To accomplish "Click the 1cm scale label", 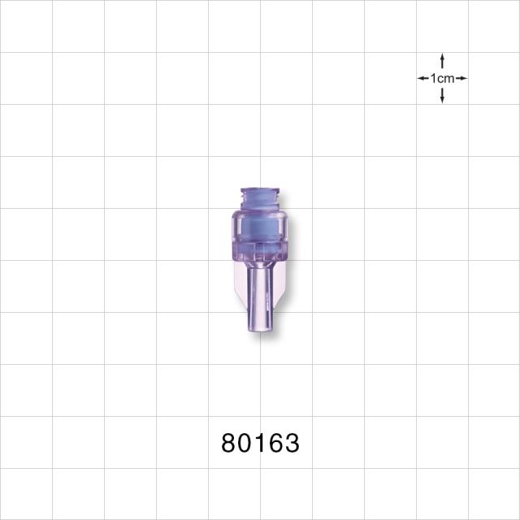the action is [442, 79].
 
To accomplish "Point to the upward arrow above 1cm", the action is [442, 61].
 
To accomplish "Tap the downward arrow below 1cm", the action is [442, 96].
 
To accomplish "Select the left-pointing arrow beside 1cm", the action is [423, 79].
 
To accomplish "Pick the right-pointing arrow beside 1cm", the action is [461, 79].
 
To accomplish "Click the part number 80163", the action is [260, 443].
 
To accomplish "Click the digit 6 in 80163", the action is [276, 443].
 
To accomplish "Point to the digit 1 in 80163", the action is [260, 443].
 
